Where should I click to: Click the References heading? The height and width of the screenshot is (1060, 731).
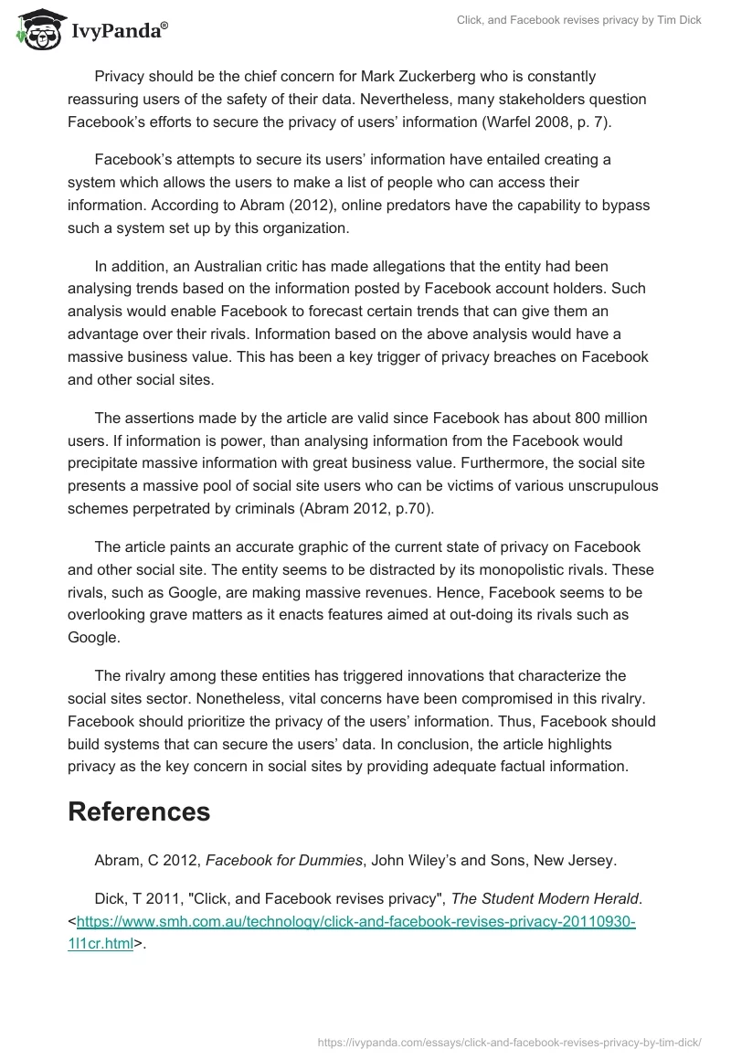tap(139, 811)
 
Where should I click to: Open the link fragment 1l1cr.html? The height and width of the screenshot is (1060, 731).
tap(101, 945)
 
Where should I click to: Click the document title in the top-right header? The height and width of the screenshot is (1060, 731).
tap(579, 20)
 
